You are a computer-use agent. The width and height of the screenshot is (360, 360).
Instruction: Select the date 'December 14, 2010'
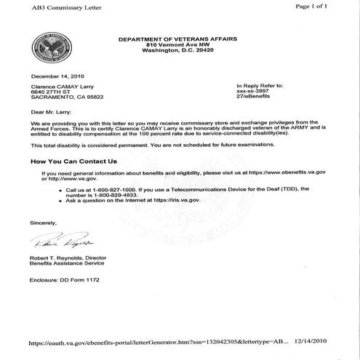pos(55,76)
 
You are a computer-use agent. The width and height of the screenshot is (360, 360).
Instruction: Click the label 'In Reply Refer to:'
pos(259,85)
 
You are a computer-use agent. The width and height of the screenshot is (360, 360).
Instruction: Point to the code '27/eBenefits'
pos(252,97)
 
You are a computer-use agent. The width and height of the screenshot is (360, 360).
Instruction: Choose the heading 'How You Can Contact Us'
pos(73,161)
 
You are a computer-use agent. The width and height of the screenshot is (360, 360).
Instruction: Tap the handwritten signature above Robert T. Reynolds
pos(66,241)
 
